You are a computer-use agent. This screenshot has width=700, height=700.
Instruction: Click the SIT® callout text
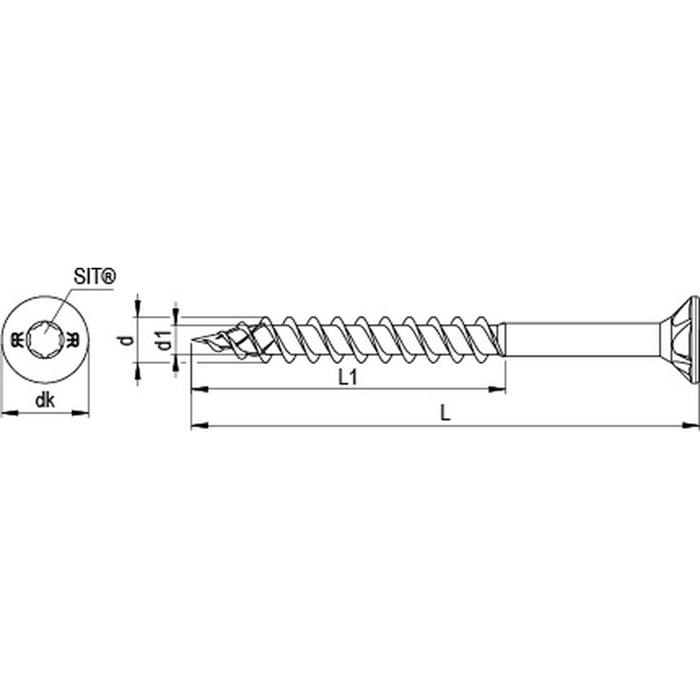click(x=93, y=276)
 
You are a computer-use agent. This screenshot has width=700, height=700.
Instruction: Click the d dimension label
click(x=124, y=341)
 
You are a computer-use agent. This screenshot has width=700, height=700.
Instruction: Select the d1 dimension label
click(x=165, y=341)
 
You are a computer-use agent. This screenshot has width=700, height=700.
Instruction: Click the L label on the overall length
click(x=444, y=413)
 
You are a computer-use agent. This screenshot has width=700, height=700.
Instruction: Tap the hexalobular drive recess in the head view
click(x=45, y=338)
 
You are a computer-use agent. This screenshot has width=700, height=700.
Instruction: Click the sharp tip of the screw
click(x=192, y=339)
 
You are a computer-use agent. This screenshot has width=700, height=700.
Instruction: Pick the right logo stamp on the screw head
click(x=73, y=338)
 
